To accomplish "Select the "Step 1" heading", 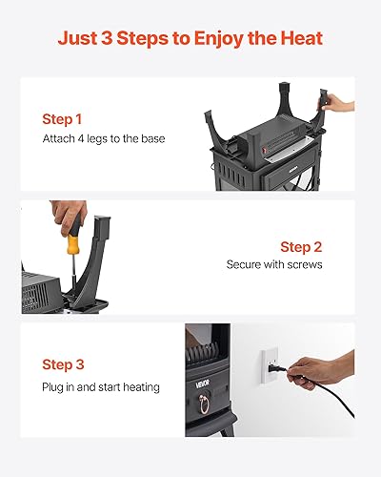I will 62,120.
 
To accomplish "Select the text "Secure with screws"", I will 274,264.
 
